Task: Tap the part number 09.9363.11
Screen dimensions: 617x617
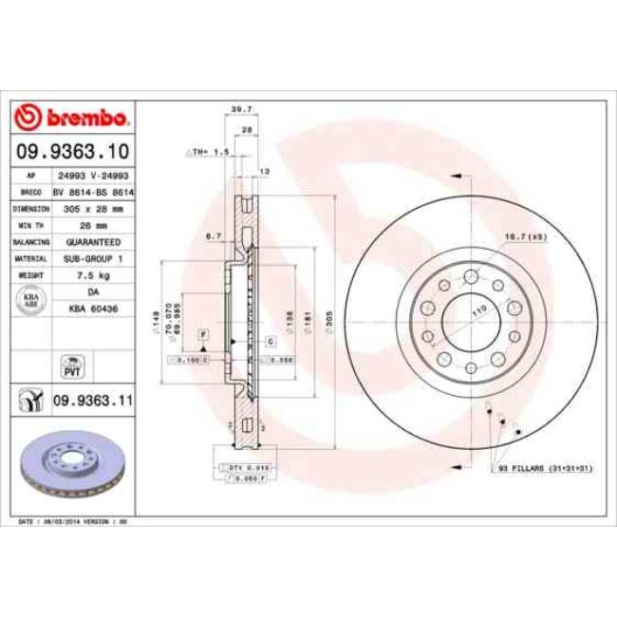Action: (x=91, y=401)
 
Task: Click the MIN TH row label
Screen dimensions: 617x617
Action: (x=31, y=225)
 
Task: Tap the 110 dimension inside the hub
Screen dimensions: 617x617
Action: (x=478, y=310)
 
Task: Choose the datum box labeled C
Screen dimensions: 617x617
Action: (x=270, y=340)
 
